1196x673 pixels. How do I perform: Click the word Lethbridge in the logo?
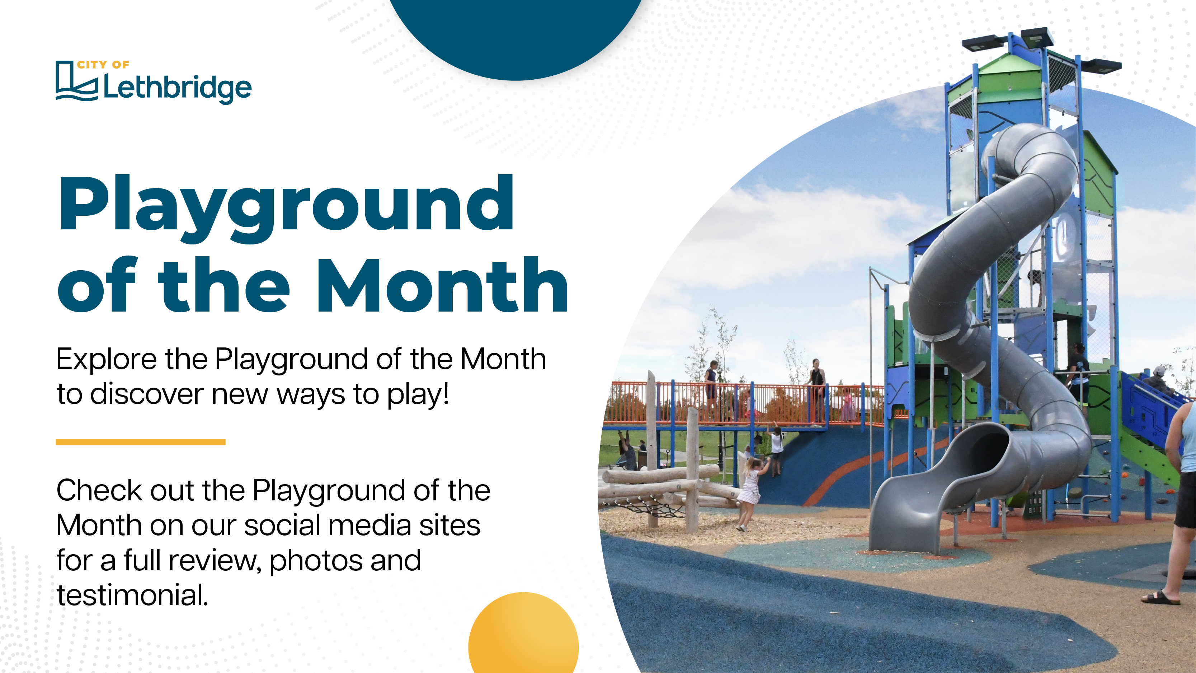click(177, 88)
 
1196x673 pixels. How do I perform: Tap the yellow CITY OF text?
click(103, 65)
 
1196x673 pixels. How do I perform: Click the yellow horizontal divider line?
click(141, 442)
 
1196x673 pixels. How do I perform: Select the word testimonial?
click(132, 595)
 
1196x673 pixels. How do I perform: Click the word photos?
click(316, 561)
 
